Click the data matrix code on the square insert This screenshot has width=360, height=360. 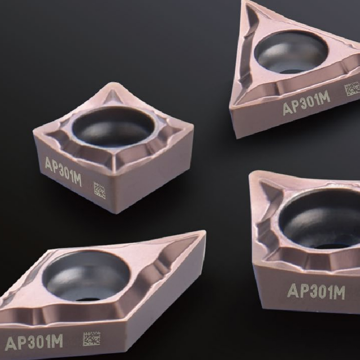(99, 190)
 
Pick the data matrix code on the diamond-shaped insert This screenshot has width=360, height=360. (91, 338)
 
